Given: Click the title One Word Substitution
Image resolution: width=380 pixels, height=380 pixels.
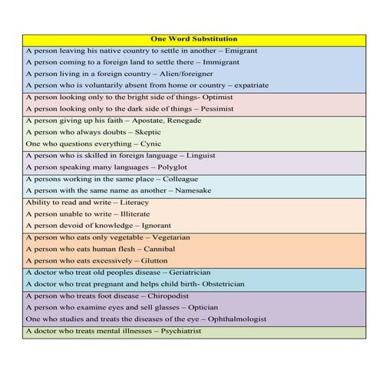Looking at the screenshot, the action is click(x=190, y=38).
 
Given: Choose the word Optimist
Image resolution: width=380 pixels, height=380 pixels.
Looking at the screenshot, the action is click(x=216, y=97).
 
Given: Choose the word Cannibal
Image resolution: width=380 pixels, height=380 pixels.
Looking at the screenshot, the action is click(x=157, y=249).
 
